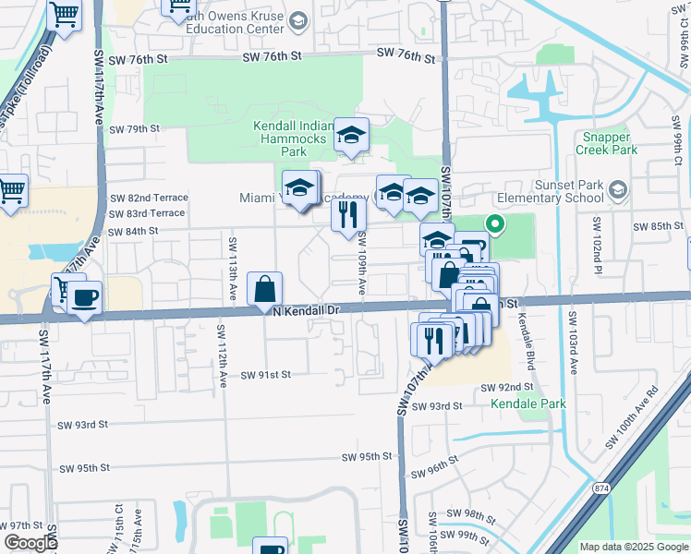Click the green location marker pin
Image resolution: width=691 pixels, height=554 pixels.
tap(494, 223)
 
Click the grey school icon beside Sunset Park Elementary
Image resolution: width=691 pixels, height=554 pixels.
tap(618, 191)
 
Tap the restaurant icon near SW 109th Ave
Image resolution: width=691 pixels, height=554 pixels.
tap(349, 214)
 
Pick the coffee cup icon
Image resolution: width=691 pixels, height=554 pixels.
tap(85, 298)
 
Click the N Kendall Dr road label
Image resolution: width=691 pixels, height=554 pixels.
tap(309, 311)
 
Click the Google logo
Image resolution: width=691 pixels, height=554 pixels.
tap(30, 543)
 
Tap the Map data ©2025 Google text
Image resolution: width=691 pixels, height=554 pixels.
tap(633, 547)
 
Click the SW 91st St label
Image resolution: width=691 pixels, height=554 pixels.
tap(266, 375)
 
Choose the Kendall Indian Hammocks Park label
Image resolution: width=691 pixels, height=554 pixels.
tap(292, 138)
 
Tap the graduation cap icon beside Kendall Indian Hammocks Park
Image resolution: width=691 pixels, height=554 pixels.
tap(351, 136)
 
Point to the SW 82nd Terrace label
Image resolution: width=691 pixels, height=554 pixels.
tap(149, 198)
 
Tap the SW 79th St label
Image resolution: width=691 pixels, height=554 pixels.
tap(135, 129)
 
